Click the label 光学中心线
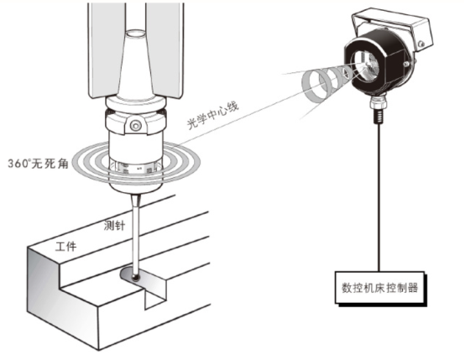click(212, 116)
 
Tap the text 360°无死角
click(38, 164)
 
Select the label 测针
click(114, 226)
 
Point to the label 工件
click(65, 247)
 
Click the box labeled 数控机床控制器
click(379, 288)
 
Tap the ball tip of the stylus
click(136, 277)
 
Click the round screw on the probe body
click(136, 126)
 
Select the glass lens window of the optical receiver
click(364, 65)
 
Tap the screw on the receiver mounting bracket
click(421, 44)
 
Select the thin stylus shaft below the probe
click(135, 233)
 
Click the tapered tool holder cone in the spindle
click(136, 65)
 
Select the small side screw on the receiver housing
click(406, 64)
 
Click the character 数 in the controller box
click(347, 288)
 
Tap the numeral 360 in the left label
click(18, 164)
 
